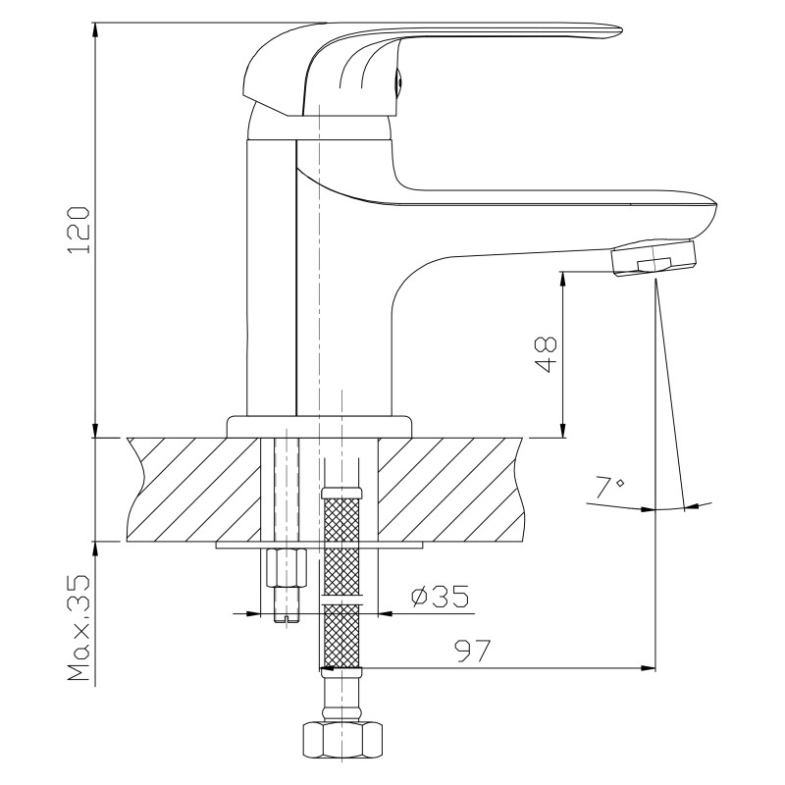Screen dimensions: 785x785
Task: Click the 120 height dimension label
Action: click(79, 230)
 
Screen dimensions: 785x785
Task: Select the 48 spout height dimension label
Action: click(546, 354)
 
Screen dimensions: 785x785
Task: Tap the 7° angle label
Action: click(609, 487)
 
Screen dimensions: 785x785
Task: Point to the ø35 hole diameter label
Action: click(441, 596)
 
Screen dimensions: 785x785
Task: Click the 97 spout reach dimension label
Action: click(473, 651)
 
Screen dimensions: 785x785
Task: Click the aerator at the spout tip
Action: click(654, 257)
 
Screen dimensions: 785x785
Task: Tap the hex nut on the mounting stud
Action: click(286, 568)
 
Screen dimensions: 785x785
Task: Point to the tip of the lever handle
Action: click(621, 30)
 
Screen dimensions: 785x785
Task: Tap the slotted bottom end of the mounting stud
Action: click(287, 619)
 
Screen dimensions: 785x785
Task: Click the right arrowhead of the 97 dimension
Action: click(649, 668)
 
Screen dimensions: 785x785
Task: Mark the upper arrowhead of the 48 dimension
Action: click(563, 279)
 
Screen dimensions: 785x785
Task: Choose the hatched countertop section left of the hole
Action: click(194, 490)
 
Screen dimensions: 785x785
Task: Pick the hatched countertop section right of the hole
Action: click(450, 490)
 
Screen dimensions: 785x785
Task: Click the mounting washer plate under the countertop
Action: click(320, 546)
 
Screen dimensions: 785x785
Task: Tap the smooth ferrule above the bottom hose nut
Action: click(341, 697)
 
